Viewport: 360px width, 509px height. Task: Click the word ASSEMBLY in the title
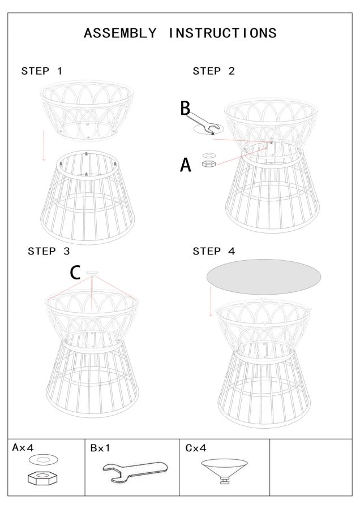120,33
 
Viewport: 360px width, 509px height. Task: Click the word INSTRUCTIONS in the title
222,33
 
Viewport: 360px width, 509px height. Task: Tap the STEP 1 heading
41,71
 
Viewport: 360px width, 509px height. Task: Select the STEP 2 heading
213,71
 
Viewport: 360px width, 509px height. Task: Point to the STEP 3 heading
49,251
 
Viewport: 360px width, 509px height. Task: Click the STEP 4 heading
213,251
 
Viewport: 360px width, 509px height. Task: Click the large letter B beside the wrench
185,109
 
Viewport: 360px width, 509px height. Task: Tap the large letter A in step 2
186,165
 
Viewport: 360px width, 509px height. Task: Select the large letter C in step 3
75,273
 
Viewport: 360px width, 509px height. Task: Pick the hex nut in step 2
208,163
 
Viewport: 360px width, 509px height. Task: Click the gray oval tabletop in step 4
264,277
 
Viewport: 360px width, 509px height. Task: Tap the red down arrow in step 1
44,145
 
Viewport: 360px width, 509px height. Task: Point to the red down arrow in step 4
211,301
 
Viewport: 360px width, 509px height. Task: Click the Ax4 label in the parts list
23,448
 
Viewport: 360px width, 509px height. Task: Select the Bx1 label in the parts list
100,448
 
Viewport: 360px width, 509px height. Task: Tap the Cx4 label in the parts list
196,448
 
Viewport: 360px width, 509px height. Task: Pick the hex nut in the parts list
42,478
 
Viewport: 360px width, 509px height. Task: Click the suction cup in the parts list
224,470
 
